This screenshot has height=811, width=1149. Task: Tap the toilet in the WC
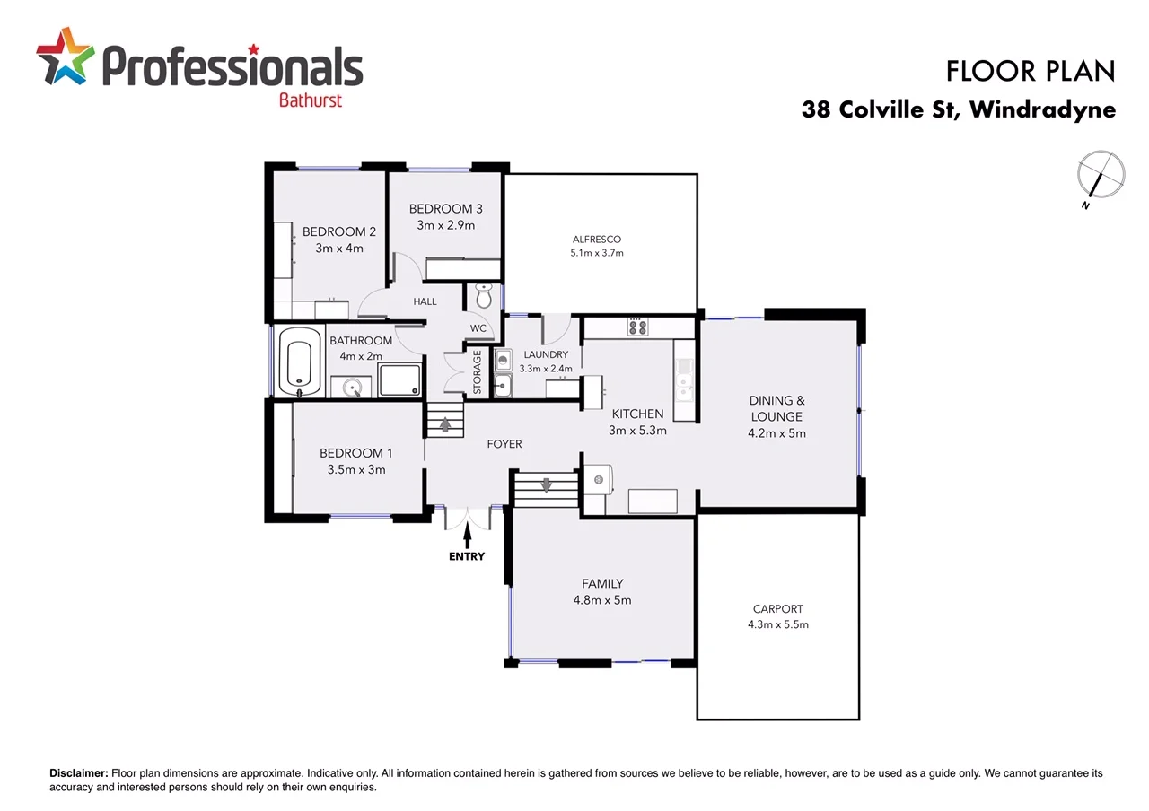pyautogui.click(x=484, y=296)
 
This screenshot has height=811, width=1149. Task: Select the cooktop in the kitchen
pyautogui.click(x=638, y=327)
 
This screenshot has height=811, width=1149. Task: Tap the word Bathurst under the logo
pyautogui.click(x=311, y=100)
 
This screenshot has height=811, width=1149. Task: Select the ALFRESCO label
pyautogui.click(x=597, y=240)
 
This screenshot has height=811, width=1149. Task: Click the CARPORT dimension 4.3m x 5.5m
pyautogui.click(x=778, y=624)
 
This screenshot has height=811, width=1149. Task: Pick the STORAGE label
pyautogui.click(x=478, y=372)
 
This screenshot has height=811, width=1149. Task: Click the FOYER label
pyautogui.click(x=504, y=444)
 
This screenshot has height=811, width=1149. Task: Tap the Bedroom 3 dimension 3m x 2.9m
pyautogui.click(x=445, y=225)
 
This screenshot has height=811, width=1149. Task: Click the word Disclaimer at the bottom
pyautogui.click(x=78, y=773)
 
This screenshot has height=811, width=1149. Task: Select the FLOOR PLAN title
pyautogui.click(x=1031, y=71)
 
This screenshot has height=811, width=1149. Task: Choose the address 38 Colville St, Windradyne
pyautogui.click(x=959, y=110)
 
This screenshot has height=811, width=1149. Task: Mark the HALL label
pyautogui.click(x=425, y=302)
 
